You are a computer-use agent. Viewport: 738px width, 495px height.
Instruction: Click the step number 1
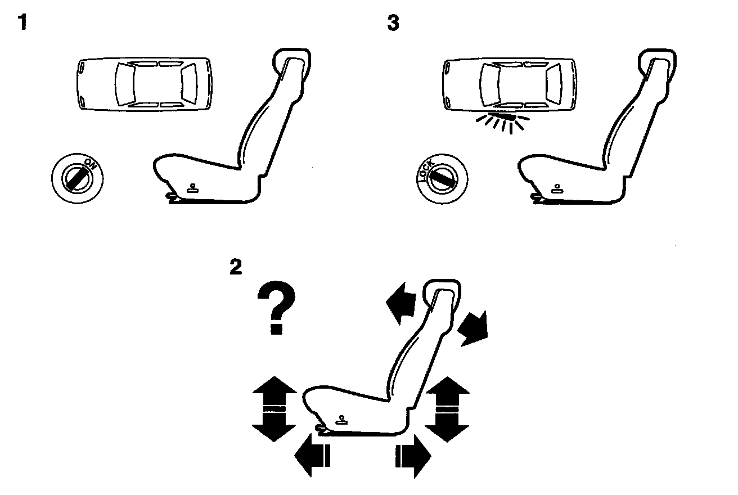tap(22, 24)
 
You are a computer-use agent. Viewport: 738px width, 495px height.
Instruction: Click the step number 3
tap(393, 24)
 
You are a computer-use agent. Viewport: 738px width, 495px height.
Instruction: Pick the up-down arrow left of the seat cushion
tap(274, 409)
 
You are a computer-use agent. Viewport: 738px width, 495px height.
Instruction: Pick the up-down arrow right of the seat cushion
tap(447, 409)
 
